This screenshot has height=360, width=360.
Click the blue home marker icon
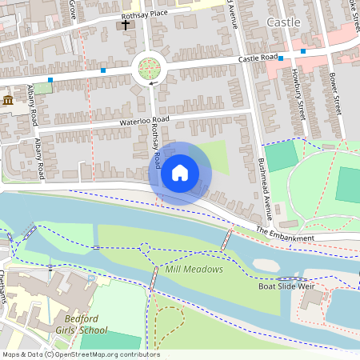(x=180, y=172)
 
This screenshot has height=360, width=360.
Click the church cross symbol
(x=125, y=25)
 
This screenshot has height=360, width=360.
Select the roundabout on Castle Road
(x=150, y=70)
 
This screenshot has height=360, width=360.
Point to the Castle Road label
(x=258, y=58)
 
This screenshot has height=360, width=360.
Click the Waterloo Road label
(x=145, y=120)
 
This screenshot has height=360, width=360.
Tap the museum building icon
(x=8, y=100)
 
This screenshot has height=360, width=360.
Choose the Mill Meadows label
(x=194, y=270)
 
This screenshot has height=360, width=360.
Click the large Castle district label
(x=283, y=22)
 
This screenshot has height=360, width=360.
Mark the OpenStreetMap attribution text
(x=80, y=354)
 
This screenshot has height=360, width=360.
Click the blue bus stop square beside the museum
(x=50, y=80)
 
